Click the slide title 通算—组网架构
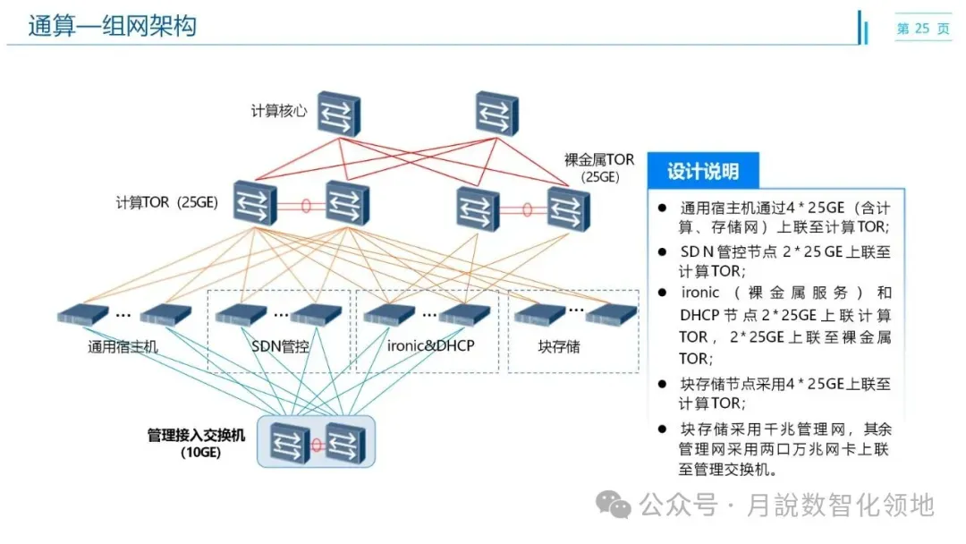pos(112,27)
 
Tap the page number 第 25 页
pos(923,29)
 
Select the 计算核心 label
pos(278,111)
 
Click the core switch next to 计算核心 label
pos(337,112)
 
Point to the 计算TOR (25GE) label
pos(167,202)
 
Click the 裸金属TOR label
pos(599,160)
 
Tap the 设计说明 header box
pos(703,171)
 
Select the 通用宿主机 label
pos(123,346)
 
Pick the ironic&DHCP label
pos(431,345)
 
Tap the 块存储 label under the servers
pos(559,346)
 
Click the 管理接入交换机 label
pos(196,436)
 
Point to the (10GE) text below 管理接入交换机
pos(195,453)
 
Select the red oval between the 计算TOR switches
pos(306,206)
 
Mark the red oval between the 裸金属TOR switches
pos(527,211)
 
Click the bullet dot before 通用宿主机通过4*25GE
pos(663,207)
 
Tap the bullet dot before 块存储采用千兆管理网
pos(663,428)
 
